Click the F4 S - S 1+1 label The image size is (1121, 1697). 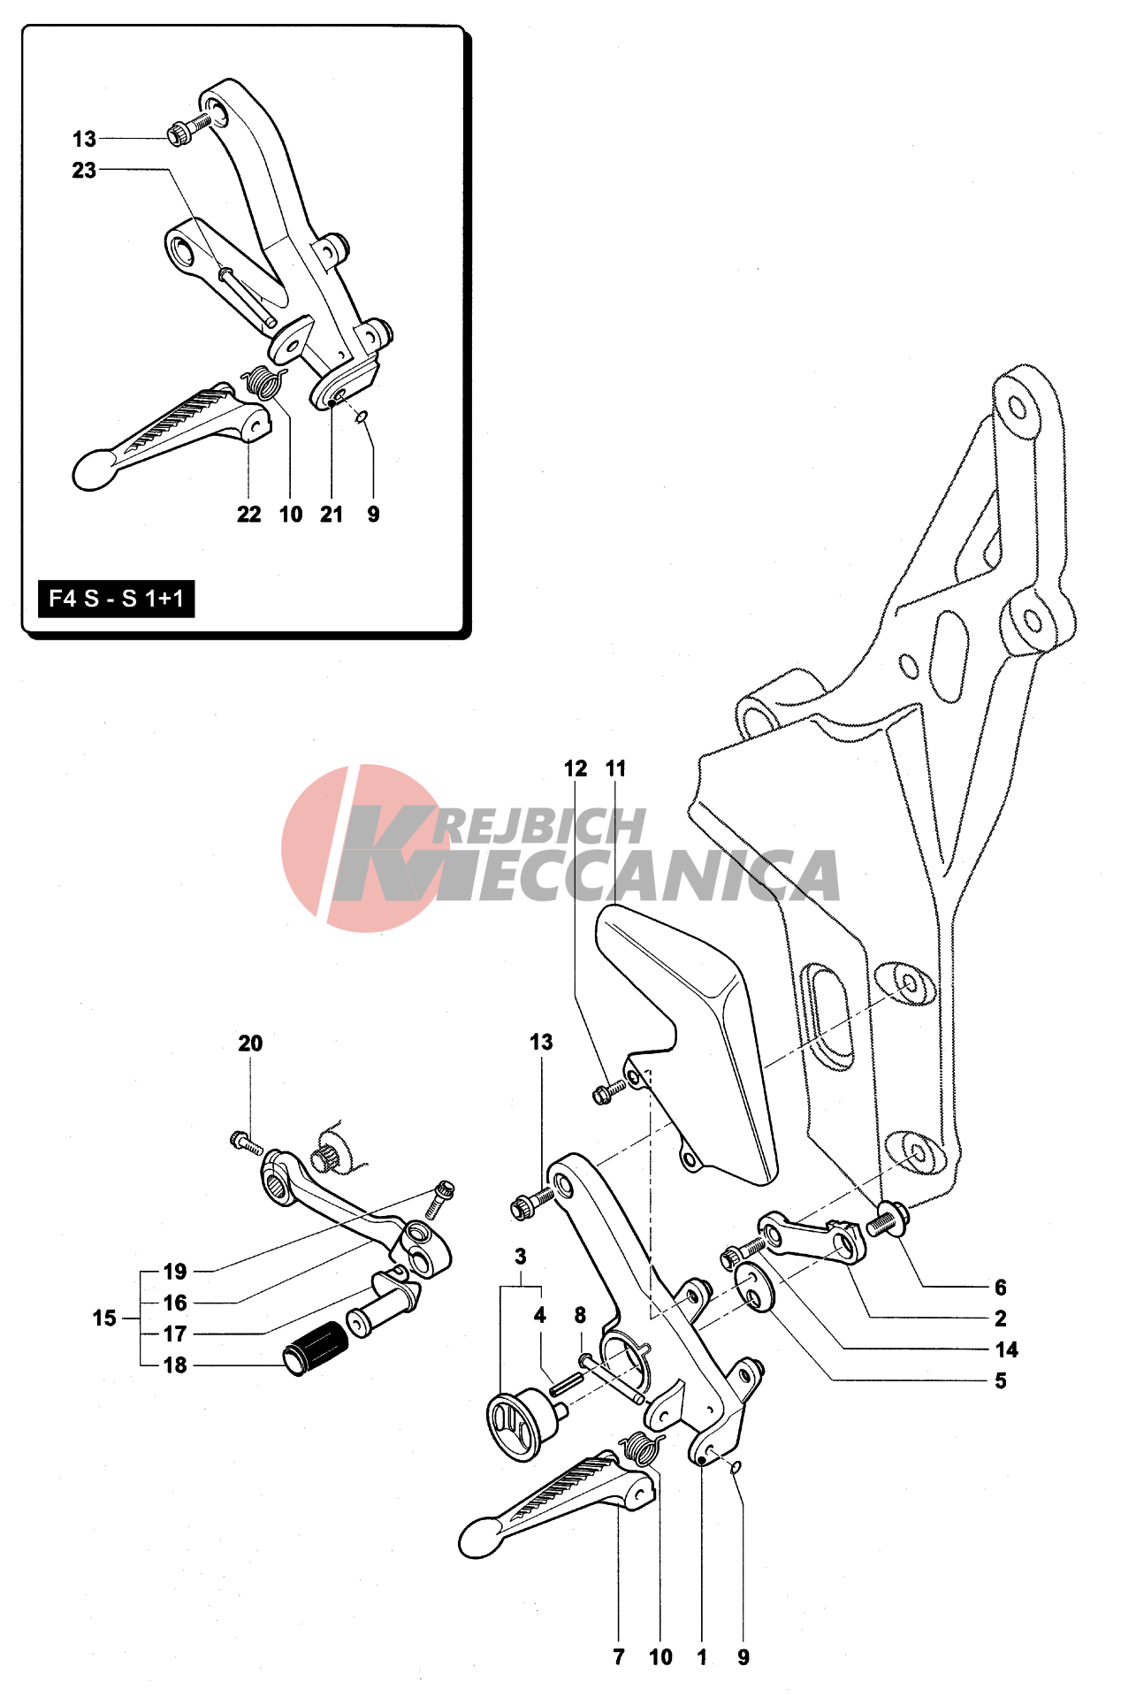point(116,599)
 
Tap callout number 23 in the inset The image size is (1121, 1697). point(84,170)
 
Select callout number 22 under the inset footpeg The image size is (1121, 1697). point(248,514)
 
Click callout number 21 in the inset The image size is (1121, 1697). point(332,514)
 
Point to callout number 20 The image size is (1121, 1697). point(250,1043)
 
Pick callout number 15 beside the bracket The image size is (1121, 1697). point(104,1318)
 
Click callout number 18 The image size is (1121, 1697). point(175,1364)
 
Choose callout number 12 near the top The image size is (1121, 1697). point(576,768)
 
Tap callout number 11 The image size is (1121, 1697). point(616,768)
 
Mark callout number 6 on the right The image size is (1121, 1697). point(1000,1287)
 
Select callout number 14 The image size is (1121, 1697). point(1006,1349)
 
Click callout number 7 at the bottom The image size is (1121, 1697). point(619,1656)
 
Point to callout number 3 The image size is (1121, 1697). point(521,1256)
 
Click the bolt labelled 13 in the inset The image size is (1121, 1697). point(188,128)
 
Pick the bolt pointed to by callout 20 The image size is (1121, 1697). point(245,1143)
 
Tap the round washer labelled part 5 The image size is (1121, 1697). point(754,1287)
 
